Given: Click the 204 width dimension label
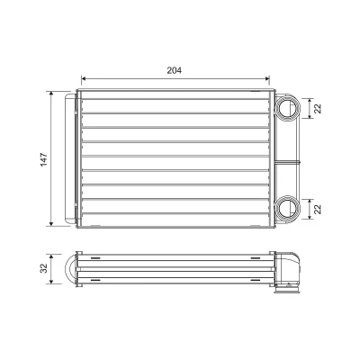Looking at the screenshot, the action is tap(175, 70).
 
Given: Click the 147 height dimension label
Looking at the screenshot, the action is tap(44, 159).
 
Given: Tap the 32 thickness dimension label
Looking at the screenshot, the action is tap(44, 268).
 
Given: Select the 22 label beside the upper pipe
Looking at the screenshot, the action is tap(318, 108).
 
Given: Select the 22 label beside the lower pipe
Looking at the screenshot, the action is tap(318, 209).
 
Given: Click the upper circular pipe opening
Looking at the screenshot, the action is tap(287, 108).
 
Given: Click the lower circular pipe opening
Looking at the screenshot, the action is tap(287, 209).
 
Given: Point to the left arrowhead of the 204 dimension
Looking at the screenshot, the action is tap(84, 78).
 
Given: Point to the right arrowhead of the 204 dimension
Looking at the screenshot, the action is tap(267, 78).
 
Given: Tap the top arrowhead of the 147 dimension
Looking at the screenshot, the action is tap(51, 94).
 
